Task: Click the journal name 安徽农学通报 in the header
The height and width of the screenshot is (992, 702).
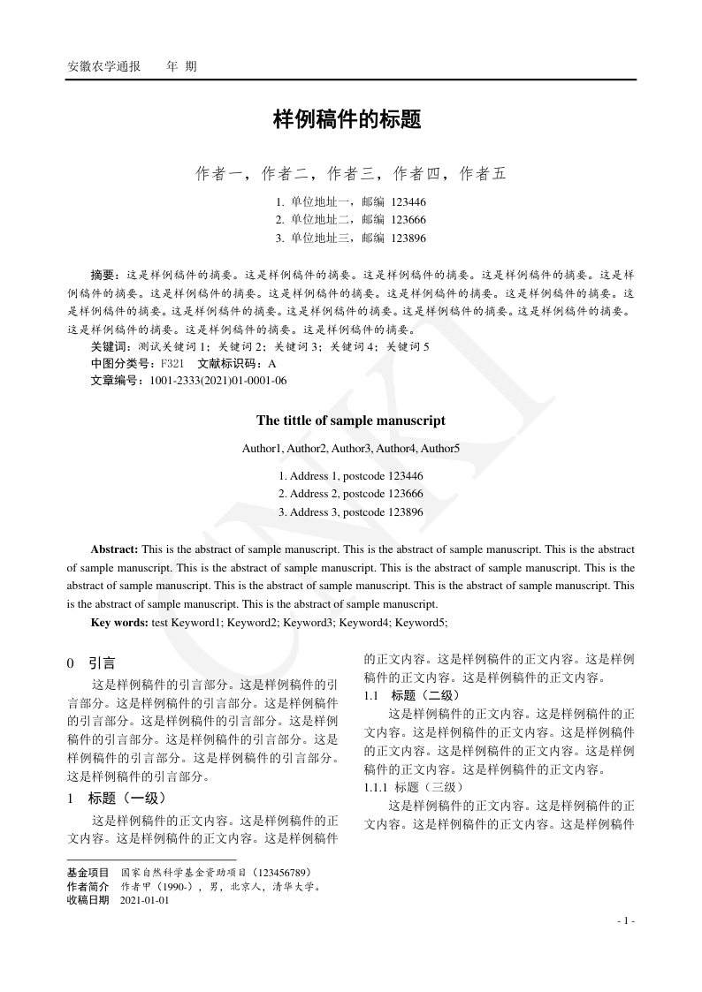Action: [x=104, y=66]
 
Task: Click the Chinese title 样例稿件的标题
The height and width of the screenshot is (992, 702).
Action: [x=347, y=120]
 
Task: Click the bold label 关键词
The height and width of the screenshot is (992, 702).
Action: [x=109, y=346]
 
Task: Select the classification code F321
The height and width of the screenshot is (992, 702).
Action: [x=172, y=364]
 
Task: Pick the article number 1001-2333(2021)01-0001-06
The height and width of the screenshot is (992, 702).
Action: [x=218, y=381]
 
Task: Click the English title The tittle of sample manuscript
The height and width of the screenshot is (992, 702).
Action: [x=351, y=420]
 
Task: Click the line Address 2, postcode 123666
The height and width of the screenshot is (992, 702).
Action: [x=351, y=494]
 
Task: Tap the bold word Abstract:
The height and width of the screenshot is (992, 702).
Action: [x=114, y=549]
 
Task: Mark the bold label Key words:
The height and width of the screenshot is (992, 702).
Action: [x=119, y=622]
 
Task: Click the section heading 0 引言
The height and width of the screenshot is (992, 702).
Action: [x=91, y=663]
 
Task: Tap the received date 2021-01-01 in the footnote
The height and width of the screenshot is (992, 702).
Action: [x=144, y=901]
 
